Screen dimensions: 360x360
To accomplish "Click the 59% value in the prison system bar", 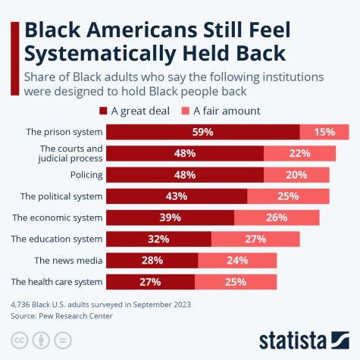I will pos(202,132).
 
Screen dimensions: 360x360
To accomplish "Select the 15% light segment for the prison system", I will pos(324,132).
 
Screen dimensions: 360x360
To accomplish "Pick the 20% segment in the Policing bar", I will pos(296,175).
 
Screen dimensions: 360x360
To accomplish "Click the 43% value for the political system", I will pos(177,196).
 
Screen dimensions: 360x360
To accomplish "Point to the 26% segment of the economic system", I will pos(277,218).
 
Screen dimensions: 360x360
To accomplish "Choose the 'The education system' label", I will pos(56,239).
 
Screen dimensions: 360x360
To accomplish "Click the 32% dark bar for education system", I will pos(158,239).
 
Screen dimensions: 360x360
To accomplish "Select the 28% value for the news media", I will pos(152,261).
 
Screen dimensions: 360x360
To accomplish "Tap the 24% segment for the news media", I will pos(237,261).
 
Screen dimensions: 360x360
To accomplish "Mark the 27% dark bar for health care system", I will pos(150,282).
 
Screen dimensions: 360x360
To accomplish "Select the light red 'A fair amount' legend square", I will pos(191,111).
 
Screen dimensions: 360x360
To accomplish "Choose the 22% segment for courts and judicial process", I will pos(299,153).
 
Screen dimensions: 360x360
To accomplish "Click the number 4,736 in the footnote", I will pos(22,305).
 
